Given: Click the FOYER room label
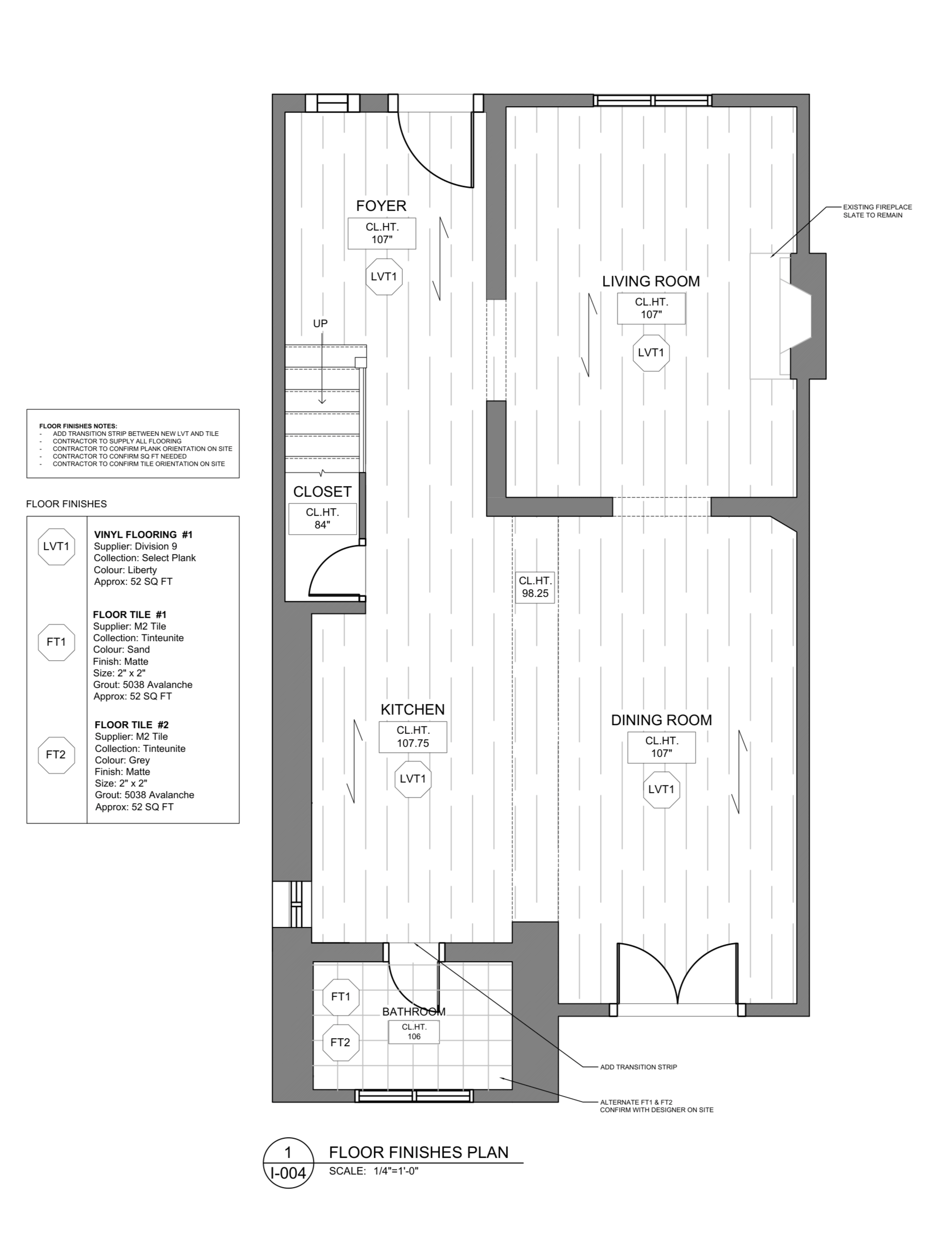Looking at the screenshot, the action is point(381,206).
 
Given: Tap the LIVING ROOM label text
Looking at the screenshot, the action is point(651,281).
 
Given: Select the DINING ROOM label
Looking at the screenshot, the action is point(661,720).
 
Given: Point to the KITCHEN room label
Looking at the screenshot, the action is point(413,709).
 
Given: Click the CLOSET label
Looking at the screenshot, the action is point(322,491).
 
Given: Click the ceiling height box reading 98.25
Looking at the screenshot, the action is point(535,587).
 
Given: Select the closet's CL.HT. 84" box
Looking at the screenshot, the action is point(322,519).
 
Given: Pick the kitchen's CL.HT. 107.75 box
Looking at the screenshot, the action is point(413,737).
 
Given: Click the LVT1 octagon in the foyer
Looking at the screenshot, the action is point(384,277).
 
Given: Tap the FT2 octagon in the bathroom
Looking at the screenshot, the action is point(340,1043).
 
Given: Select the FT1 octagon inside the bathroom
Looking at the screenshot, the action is point(340,996).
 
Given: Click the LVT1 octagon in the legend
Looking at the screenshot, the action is point(56,546).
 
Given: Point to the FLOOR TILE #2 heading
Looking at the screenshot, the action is point(131,725).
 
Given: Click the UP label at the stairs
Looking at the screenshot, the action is point(320,324).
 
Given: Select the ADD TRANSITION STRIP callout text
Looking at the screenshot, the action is point(638,1067).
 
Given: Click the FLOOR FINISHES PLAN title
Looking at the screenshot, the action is point(419,1152).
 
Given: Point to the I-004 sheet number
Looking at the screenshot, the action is point(288,1172).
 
